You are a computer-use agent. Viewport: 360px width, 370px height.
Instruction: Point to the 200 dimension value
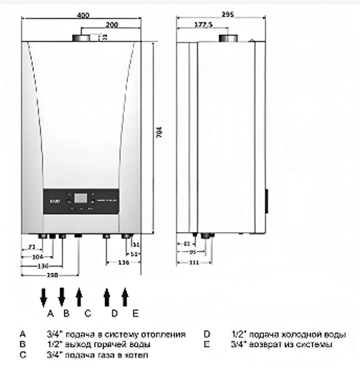(x=112, y=25)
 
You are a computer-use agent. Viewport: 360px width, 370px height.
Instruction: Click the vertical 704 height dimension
(x=160, y=133)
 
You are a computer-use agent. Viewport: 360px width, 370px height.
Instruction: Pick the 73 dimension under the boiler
(x=32, y=247)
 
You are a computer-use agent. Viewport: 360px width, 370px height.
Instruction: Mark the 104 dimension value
(x=37, y=257)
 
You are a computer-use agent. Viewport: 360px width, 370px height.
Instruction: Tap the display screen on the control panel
(x=81, y=199)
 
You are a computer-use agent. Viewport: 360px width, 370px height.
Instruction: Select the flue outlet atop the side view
(x=228, y=38)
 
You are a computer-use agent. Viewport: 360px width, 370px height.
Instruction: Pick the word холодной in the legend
(x=297, y=335)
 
